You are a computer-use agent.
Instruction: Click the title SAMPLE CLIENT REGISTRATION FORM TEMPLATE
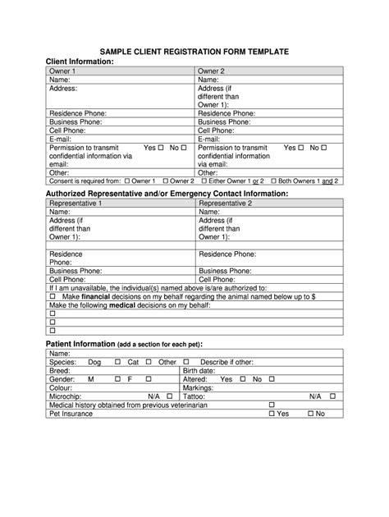tap(194, 52)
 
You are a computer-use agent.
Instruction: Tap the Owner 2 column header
tap(212, 71)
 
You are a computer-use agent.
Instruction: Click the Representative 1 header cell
tap(76, 202)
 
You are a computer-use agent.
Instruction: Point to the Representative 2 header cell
tap(225, 202)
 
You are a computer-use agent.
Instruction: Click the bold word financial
tap(94, 296)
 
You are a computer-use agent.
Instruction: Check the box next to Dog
tap(117, 362)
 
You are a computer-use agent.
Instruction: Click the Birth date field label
tap(199, 371)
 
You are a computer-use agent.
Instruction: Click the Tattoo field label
tap(195, 396)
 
